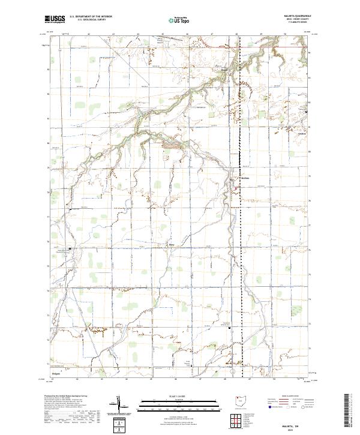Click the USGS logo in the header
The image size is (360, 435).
pyautogui.click(x=55, y=19)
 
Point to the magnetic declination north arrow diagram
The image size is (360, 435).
pyautogui.click(x=119, y=406)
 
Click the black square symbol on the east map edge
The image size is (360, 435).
pyautogui.click(x=307, y=113)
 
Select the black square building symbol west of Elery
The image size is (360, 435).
pyautogui.click(x=69, y=248)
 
